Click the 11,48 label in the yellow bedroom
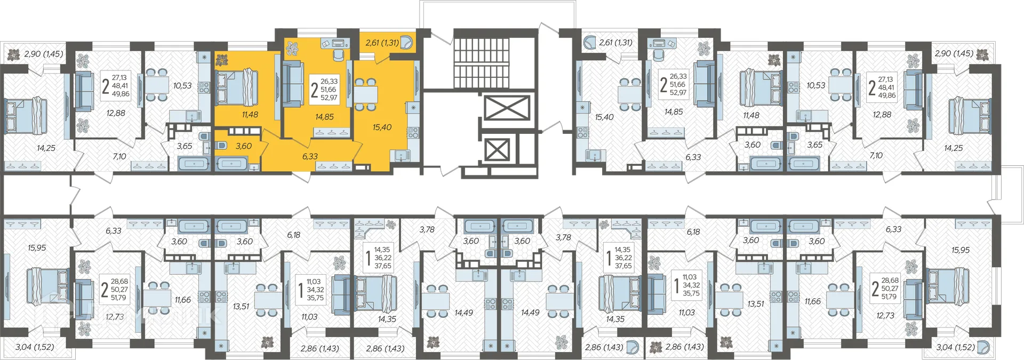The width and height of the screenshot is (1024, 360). tap(250, 115)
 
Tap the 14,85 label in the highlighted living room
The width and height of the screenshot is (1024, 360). tap(324, 117)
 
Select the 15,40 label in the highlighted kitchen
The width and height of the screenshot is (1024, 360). tap(382, 127)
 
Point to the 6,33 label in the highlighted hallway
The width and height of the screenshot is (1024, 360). tap(310, 156)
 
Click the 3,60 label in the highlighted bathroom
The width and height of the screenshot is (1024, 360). tap(244, 146)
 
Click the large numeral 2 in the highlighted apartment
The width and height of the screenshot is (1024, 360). tap(314, 90)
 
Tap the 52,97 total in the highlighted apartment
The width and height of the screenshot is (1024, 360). tap(329, 98)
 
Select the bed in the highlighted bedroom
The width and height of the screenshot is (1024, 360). tap(236, 87)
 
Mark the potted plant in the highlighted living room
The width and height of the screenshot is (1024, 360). tap(292, 48)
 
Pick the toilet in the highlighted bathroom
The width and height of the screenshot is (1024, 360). tap(220, 146)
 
